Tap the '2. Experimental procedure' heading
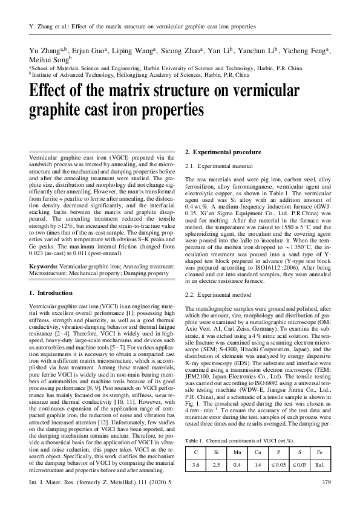point(223,152)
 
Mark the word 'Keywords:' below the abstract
point(44,265)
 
